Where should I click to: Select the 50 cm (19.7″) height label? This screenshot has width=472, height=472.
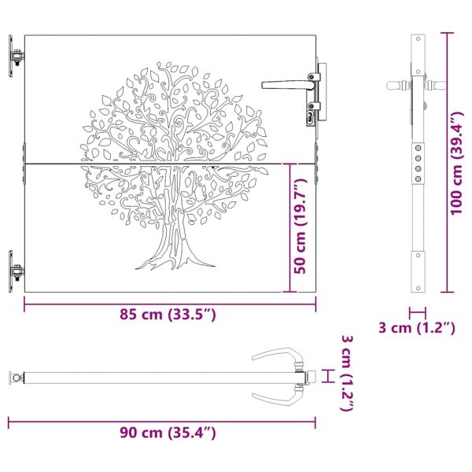point(299,228)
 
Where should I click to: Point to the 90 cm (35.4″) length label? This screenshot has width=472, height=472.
point(167,432)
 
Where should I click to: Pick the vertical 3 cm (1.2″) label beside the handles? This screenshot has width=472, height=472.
point(348,374)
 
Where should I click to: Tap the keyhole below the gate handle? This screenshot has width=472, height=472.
point(311,117)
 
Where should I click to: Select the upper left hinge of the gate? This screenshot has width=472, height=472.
point(15,57)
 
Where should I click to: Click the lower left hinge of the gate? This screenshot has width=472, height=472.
point(15,271)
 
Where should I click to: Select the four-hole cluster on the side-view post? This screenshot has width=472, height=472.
point(418,161)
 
